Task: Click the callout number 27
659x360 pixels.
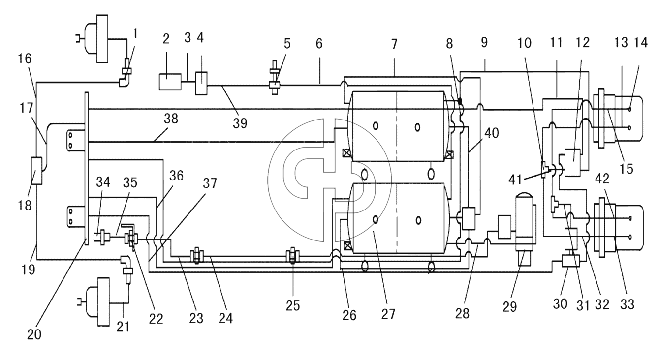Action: tap(388, 314)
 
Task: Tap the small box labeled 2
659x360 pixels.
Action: tap(170, 82)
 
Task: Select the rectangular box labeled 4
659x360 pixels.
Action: tap(201, 83)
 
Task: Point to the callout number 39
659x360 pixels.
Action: tap(240, 123)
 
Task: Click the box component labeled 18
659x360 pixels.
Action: tap(36, 171)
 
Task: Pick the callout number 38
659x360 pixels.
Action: tap(171, 119)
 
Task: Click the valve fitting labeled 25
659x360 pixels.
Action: tap(293, 255)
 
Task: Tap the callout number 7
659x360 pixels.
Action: tap(394, 44)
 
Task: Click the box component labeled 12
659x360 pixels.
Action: tap(572, 163)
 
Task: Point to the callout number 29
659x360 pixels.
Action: tap(509, 306)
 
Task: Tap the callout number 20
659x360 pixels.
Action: tap(34, 334)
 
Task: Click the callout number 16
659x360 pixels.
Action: tap(25, 59)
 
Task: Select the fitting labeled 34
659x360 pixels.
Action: tap(102, 237)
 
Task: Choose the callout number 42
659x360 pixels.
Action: tap(602, 179)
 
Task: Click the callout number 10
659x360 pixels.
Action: tap(524, 43)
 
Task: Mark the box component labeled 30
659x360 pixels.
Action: tap(571, 261)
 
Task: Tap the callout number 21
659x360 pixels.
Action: tap(123, 327)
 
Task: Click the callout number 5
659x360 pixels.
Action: tap(287, 44)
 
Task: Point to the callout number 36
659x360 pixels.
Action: tap(177, 176)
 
